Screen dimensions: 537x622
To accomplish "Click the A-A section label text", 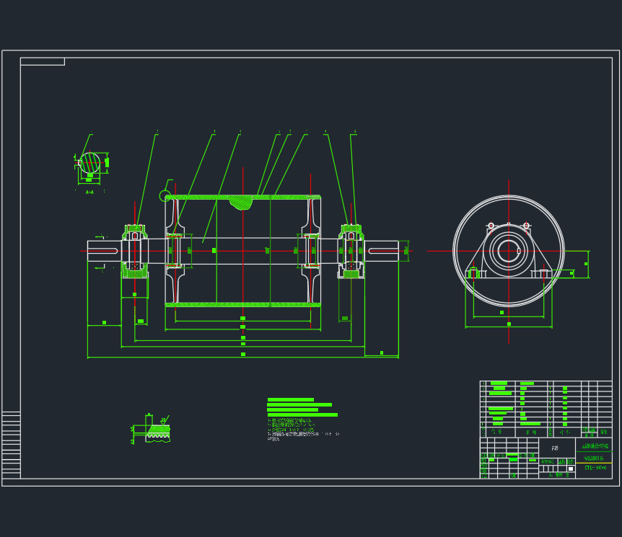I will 89,192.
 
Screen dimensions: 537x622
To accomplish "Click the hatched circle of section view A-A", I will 90,163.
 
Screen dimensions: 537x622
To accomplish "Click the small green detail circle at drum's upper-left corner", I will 165,195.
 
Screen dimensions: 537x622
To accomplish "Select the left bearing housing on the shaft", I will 134,251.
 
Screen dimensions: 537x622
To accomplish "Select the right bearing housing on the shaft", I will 351,251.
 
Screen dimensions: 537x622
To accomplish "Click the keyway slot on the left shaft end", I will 103,250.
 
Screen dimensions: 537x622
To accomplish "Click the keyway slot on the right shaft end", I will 382,250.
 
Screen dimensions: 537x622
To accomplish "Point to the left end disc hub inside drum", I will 174,251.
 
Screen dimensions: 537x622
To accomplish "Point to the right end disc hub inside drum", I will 312,251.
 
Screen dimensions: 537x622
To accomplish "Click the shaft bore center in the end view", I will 509,251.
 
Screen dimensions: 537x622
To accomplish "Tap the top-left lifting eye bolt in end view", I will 491,226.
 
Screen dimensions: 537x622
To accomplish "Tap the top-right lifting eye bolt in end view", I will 526,226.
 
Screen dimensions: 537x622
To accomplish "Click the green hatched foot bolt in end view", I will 473,272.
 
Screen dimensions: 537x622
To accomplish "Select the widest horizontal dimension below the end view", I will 509,327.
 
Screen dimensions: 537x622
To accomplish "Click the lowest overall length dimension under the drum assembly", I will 242,357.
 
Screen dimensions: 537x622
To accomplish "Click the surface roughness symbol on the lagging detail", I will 164,420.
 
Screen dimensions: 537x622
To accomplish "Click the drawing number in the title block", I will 595,469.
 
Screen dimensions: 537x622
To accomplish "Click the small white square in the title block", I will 570,469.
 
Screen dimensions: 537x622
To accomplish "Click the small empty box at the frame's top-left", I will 43,61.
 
